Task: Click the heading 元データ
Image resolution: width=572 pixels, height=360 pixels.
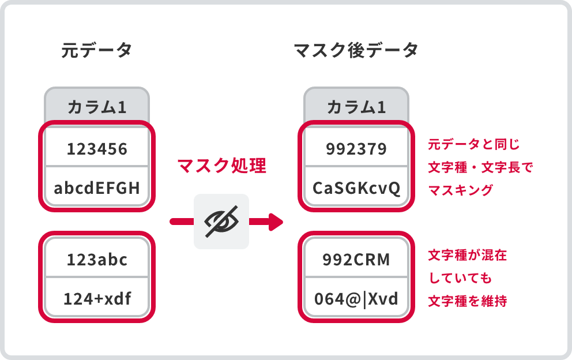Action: click(x=96, y=51)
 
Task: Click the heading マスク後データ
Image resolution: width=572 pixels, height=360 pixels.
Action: click(x=356, y=51)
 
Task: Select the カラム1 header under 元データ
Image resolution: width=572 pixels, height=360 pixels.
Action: click(x=97, y=107)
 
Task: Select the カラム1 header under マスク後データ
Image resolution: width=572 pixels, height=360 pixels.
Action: click(x=356, y=107)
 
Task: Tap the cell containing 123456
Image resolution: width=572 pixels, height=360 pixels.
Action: click(x=97, y=149)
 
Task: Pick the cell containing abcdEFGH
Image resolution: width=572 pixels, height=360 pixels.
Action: click(x=97, y=187)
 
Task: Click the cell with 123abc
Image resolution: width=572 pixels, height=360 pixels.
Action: click(x=97, y=260)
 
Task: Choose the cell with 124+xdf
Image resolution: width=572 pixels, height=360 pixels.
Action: click(x=97, y=299)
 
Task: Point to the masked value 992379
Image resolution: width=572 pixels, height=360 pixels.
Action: click(x=356, y=149)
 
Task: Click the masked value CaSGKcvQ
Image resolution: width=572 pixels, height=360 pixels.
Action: click(x=356, y=187)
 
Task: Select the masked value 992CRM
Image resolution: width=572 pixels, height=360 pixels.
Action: click(x=356, y=260)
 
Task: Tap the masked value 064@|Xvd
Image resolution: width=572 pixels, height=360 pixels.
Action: click(x=356, y=299)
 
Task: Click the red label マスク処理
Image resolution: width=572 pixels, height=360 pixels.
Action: click(x=221, y=166)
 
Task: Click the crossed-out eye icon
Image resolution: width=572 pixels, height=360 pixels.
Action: click(x=221, y=222)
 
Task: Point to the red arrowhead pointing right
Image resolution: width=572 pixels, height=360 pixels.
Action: click(x=276, y=222)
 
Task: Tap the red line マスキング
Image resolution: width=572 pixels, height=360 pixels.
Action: click(x=461, y=190)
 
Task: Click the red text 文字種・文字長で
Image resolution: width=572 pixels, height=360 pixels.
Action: click(x=481, y=167)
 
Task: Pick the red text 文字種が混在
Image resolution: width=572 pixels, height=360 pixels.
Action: click(x=467, y=255)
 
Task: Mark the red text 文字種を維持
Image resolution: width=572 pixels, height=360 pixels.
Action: click(x=467, y=301)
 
